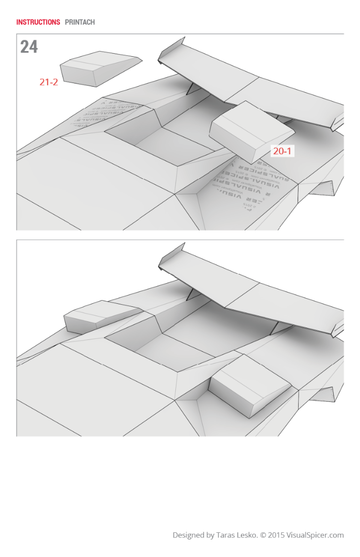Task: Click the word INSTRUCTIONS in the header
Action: click(x=38, y=22)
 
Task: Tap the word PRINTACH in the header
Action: click(x=79, y=22)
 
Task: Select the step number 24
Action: click(x=29, y=47)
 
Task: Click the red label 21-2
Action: click(x=48, y=82)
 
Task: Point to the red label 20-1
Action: click(x=282, y=151)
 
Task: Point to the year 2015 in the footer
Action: click(x=277, y=535)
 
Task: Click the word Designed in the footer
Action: click(x=189, y=535)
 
